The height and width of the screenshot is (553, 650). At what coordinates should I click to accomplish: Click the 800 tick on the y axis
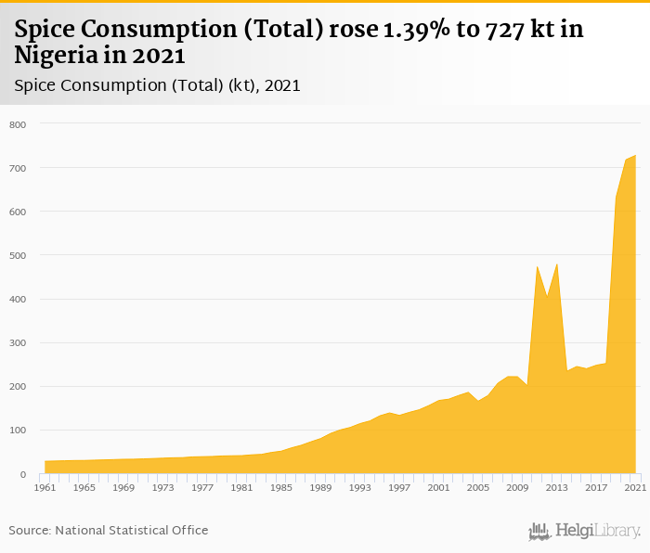(x=18, y=124)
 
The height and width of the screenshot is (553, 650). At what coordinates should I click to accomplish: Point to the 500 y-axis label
(x=18, y=255)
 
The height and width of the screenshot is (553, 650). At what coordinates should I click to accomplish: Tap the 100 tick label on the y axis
(x=18, y=431)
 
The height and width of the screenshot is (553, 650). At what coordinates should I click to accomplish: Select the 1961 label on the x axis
(x=45, y=487)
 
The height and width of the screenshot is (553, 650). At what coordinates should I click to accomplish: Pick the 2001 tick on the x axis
(x=438, y=487)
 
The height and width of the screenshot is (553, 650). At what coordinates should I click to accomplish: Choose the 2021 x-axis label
(x=635, y=487)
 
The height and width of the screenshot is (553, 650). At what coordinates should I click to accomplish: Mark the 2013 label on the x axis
(x=556, y=487)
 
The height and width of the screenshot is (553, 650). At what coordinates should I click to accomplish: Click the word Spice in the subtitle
(x=35, y=85)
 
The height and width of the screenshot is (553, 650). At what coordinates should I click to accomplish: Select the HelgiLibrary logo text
(x=598, y=531)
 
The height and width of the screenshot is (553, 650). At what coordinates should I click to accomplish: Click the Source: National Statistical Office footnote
(x=109, y=531)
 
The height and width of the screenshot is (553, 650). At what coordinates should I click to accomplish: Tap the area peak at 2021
(x=635, y=156)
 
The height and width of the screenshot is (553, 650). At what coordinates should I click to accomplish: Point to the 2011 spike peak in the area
(x=537, y=267)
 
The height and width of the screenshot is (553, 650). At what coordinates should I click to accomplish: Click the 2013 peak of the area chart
(x=556, y=264)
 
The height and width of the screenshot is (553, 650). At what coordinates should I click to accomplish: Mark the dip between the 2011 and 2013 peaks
(x=547, y=297)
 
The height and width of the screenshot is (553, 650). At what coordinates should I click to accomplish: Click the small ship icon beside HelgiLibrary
(x=539, y=531)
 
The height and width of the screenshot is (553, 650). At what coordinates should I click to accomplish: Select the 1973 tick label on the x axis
(x=162, y=487)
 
